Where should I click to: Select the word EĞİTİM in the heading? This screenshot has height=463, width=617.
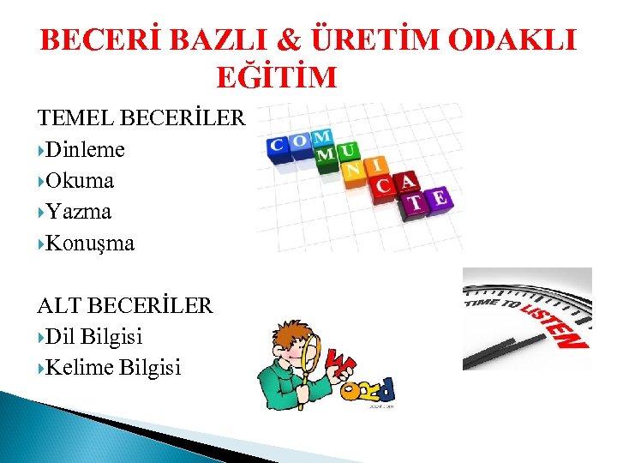tap(277, 78)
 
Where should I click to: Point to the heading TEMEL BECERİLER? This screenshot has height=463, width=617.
tap(141, 118)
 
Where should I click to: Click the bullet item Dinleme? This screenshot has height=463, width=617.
tap(86, 150)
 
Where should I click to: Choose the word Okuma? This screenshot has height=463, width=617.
tap(81, 181)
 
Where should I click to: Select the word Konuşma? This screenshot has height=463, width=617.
tap(90, 244)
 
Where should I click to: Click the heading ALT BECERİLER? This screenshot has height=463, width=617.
tap(125, 306)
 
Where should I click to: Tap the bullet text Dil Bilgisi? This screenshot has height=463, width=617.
tap(94, 337)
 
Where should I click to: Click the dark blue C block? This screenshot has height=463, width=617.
tap(278, 146)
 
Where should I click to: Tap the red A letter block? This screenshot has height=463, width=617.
tap(408, 181)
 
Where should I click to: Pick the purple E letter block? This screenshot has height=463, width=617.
tap(439, 200)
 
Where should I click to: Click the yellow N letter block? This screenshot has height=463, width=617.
tap(352, 171)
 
